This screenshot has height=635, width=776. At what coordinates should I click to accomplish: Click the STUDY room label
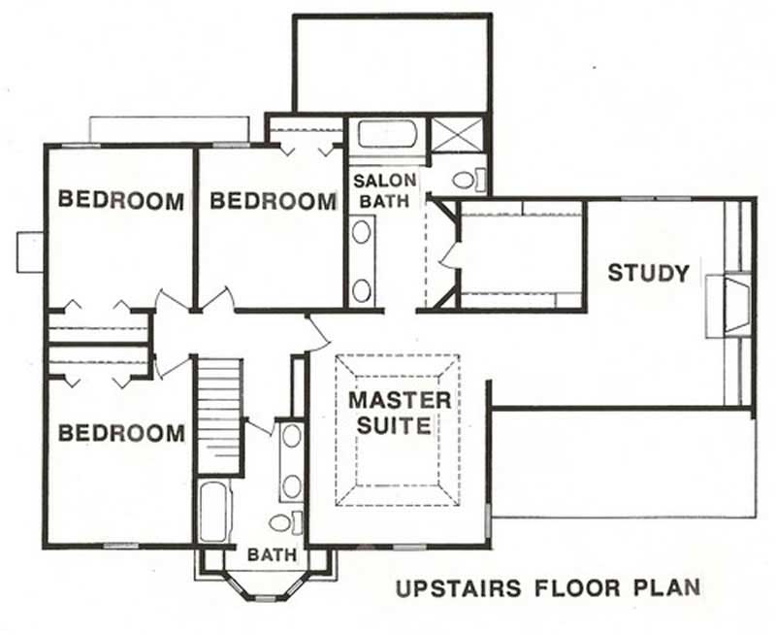pos(648,273)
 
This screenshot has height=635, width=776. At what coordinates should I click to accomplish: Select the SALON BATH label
pos(384,190)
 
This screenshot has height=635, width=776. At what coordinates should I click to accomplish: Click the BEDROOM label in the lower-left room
pos(120,433)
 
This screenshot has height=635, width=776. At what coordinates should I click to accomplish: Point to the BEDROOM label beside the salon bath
pos(273,201)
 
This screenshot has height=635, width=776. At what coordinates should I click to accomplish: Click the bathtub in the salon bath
pos(385,133)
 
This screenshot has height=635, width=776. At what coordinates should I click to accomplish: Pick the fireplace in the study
pos(728,305)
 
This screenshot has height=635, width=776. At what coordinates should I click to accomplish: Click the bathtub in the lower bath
pos(212,512)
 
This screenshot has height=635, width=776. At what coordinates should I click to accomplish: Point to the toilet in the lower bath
pos(282,523)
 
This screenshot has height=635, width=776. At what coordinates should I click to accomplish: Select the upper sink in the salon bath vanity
pos(362,232)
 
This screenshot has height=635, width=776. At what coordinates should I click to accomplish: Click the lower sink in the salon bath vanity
pos(362,288)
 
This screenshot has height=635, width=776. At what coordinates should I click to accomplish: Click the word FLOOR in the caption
pos(573,587)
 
